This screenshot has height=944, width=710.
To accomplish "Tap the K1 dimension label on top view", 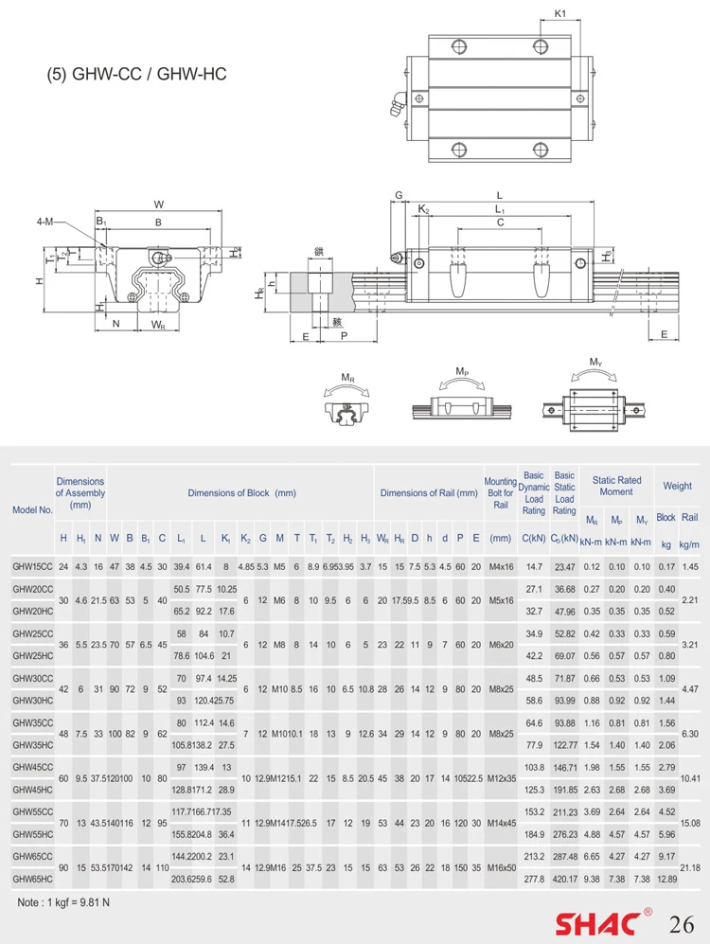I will [559, 13].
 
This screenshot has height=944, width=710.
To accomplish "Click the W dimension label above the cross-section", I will [158, 204].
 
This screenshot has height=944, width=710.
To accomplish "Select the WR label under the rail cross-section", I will [157, 324].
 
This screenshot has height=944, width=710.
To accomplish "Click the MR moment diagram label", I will [347, 377].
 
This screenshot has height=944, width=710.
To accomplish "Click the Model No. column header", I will [31, 508].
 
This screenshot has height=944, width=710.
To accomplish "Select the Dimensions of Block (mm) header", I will [241, 492].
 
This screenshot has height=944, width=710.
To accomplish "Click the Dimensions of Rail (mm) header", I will [428, 492].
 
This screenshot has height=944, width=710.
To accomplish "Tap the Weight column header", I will [677, 486].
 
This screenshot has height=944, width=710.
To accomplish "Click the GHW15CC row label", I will [32, 566].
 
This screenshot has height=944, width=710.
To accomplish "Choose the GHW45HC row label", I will [32, 790].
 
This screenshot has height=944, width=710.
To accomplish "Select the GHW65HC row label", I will [32, 880].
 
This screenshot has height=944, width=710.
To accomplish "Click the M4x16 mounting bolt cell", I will [501, 566].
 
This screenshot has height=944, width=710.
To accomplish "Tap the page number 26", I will [683, 923].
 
